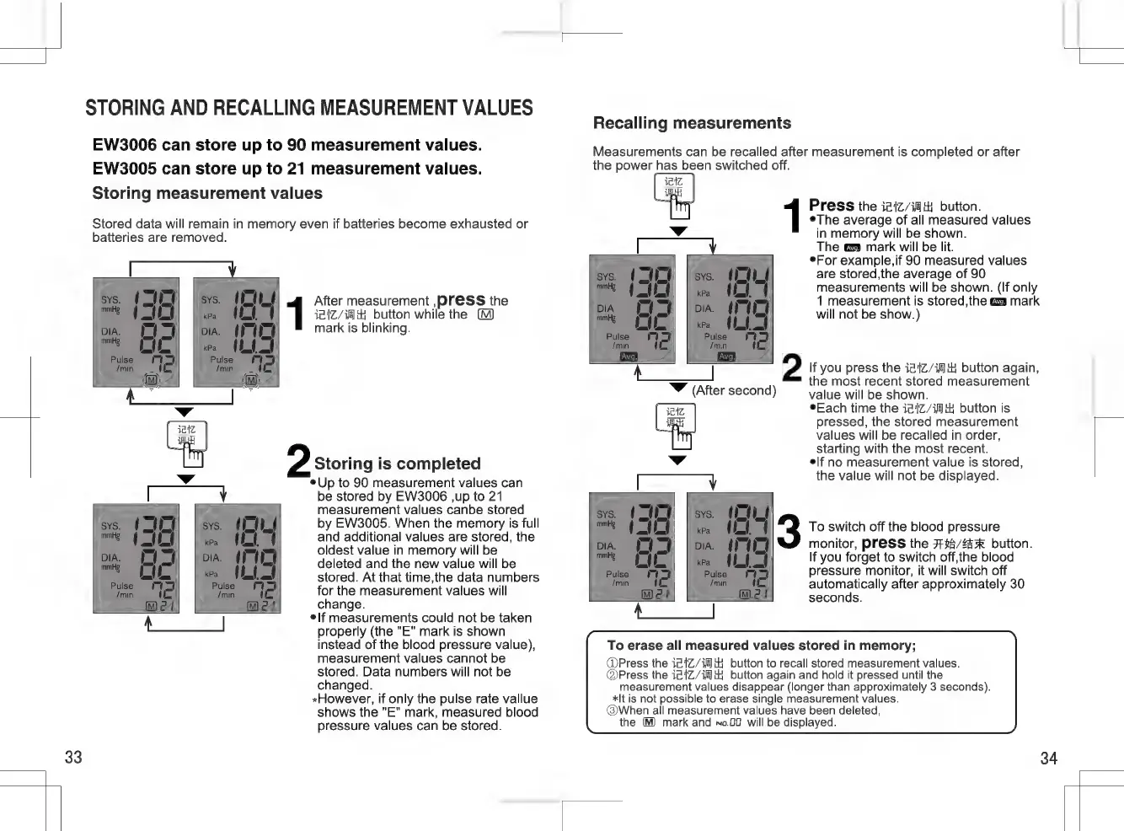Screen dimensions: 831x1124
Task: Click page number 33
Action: click(x=73, y=757)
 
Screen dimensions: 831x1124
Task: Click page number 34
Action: click(x=1048, y=759)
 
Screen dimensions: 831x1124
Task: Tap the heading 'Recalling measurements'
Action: click(x=692, y=123)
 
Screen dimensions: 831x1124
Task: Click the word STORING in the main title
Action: click(x=125, y=108)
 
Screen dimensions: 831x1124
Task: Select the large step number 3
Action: click(x=789, y=531)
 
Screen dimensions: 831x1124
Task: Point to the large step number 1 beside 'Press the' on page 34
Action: click(x=792, y=216)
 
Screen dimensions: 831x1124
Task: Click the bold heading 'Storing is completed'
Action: click(x=397, y=464)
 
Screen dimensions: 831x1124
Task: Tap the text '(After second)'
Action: click(x=734, y=390)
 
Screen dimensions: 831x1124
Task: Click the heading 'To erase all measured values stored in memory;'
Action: click(x=761, y=646)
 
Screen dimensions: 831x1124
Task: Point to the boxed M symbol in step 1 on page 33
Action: click(x=485, y=314)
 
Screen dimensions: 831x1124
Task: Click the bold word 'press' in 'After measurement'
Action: click(x=461, y=300)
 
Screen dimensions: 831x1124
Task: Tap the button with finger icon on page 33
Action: click(x=187, y=441)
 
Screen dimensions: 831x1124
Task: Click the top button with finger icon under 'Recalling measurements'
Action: click(x=675, y=192)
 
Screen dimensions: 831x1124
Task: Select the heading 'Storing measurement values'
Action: click(x=207, y=193)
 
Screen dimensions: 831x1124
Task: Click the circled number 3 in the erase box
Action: click(x=613, y=710)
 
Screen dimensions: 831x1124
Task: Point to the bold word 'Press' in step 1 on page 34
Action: click(x=831, y=206)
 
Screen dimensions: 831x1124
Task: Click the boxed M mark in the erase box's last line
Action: click(x=648, y=722)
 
